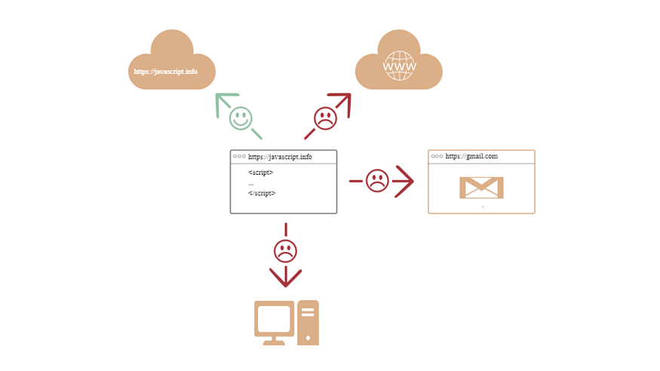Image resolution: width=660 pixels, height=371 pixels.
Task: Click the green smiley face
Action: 241,118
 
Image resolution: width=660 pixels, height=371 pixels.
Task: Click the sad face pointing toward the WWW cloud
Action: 325,118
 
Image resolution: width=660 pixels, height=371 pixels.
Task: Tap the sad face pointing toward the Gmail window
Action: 377,181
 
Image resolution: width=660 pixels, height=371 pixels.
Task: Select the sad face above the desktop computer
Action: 285,250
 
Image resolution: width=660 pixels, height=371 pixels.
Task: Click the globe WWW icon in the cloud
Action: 399,66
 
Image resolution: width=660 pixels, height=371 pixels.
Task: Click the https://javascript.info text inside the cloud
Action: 166,72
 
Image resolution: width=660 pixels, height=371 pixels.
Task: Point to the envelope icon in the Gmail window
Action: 481,188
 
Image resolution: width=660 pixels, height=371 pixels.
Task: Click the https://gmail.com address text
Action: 471,157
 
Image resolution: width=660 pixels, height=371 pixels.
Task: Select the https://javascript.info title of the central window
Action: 280,158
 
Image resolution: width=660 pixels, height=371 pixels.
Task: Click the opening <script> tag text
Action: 260,173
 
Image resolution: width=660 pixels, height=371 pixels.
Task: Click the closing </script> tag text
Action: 262,193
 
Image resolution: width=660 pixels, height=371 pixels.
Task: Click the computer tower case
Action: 308,323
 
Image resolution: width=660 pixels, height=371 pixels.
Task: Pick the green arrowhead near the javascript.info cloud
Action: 224,101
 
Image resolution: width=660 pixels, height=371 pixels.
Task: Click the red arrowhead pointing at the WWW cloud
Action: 343,101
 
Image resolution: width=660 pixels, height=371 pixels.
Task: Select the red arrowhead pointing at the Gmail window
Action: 405,181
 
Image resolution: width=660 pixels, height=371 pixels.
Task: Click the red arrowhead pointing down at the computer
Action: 285,277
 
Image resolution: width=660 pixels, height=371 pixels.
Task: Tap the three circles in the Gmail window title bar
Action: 437,157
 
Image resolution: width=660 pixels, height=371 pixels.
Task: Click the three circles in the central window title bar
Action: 239,157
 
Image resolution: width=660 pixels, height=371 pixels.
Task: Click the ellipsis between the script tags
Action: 251,183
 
